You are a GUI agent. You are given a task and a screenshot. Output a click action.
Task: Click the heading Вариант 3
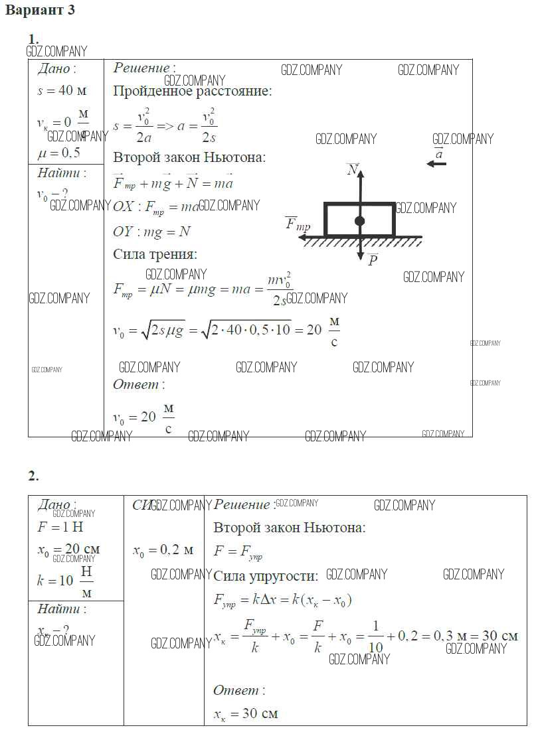40,10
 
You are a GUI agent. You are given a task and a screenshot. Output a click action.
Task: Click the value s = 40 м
62,91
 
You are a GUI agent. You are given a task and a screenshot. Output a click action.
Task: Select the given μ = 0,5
58,153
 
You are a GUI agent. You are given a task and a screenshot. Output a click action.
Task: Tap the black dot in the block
359,221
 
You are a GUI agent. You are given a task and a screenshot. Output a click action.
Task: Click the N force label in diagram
353,171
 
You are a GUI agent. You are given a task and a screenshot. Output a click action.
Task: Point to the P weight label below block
373,259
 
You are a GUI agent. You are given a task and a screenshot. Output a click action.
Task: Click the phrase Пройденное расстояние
192,92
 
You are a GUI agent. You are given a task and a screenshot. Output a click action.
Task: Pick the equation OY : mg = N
152,231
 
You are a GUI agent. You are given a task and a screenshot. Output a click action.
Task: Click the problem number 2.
33,476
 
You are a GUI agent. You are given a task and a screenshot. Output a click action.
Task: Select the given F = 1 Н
60,528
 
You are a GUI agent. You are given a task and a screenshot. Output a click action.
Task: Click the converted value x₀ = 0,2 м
163,550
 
